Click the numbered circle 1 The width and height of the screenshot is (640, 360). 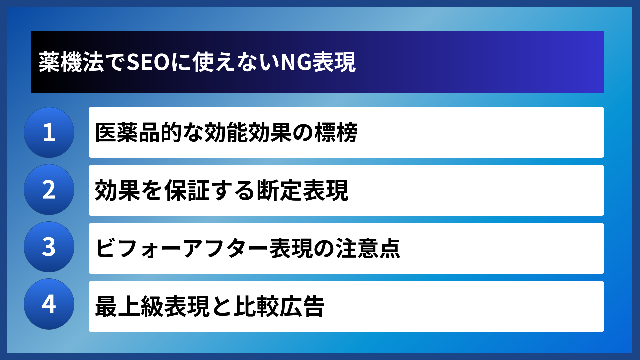point(49,132)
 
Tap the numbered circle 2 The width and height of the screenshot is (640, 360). point(49,190)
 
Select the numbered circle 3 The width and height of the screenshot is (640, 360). point(49,247)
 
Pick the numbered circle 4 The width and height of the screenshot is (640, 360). point(49,304)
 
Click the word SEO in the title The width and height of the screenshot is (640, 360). point(149,62)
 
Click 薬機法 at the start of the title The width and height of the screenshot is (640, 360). point(71,62)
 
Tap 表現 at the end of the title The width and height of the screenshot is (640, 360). point(334,62)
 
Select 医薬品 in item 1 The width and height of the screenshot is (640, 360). point(127,133)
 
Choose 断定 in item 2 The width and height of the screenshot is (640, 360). point(279,190)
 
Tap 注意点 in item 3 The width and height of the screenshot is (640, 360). point(368,248)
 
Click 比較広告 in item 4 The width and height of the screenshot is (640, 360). point(279,306)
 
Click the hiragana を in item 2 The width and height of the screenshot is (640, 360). point(152,190)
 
